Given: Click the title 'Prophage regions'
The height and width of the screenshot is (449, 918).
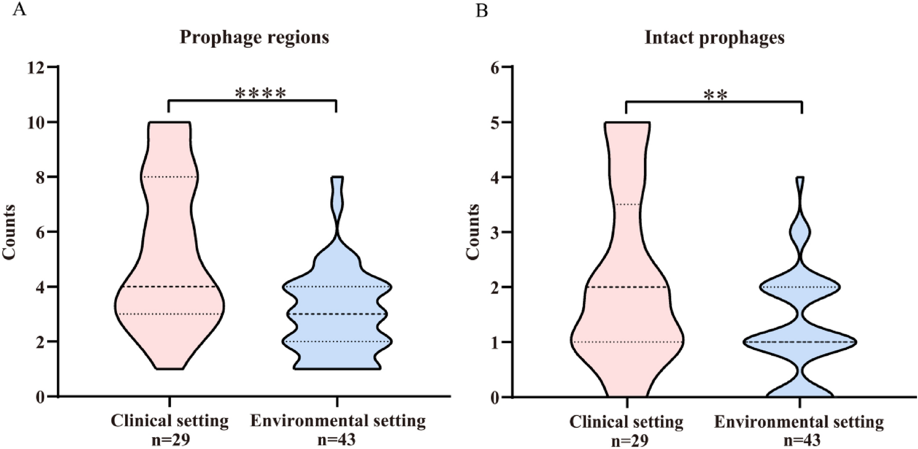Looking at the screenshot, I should [x=254, y=37].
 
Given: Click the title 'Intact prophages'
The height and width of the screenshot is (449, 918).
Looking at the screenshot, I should [x=714, y=37].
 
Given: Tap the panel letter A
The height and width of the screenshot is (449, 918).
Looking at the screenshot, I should [x=19, y=9].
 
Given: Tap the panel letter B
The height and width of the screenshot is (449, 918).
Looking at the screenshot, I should [x=481, y=10].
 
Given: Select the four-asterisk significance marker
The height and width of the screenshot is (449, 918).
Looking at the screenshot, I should [x=260, y=94].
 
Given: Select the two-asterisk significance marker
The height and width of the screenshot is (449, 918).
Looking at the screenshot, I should [x=715, y=96].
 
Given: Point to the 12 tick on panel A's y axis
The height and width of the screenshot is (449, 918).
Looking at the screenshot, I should [x=37, y=67].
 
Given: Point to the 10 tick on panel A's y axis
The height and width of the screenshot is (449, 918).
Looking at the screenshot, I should [x=37, y=122].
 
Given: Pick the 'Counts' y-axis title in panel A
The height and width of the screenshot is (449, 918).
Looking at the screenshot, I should [x=9, y=232].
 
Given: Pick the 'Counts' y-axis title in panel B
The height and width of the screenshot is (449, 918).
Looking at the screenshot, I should [x=473, y=232].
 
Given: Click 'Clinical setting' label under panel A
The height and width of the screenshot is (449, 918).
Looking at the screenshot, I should [x=170, y=421].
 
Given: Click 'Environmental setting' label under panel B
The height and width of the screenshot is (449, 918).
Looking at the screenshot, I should [x=799, y=422].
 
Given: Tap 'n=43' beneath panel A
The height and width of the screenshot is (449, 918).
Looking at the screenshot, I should [x=337, y=439].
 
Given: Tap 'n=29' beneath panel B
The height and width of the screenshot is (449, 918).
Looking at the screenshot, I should [x=629, y=440].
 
